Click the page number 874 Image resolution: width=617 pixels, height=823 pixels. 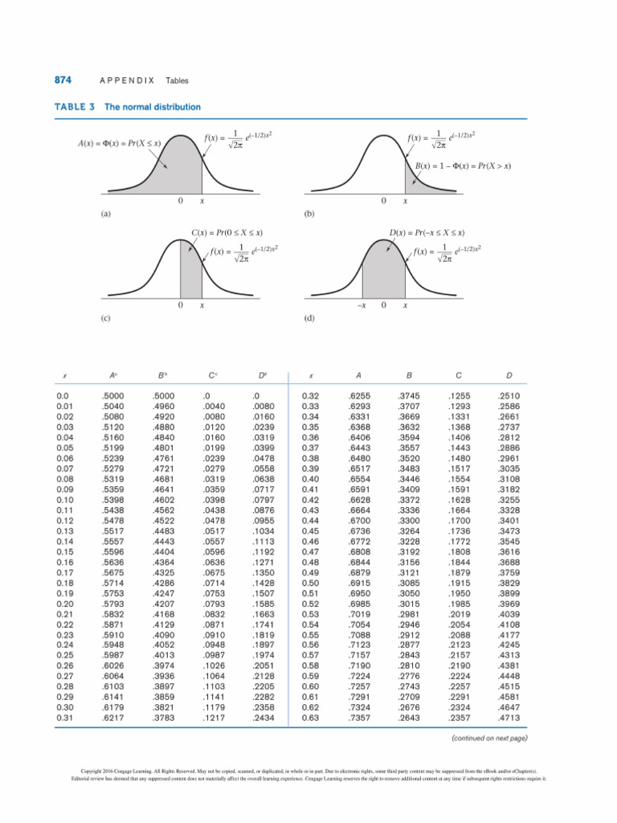[63, 80]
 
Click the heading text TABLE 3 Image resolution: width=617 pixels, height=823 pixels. [75, 107]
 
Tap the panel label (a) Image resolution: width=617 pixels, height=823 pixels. [105, 215]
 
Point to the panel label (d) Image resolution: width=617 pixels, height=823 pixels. [309, 317]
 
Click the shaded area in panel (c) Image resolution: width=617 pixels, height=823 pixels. [189, 273]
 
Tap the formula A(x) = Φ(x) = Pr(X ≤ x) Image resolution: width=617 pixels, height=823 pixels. [121, 142]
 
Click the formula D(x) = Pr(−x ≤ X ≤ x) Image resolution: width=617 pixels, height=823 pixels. [427, 233]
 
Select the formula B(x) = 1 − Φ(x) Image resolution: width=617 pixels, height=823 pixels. [464, 166]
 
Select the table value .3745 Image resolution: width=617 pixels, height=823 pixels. [408, 396]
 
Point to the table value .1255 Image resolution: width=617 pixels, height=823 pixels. [458, 396]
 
